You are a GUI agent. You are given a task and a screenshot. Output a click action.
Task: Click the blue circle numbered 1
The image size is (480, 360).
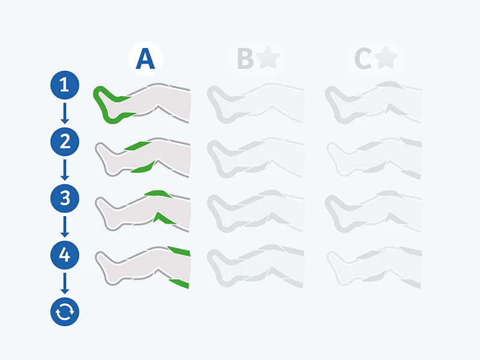click(x=65, y=85)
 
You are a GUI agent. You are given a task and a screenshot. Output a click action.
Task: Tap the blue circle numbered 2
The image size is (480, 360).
click(x=65, y=142)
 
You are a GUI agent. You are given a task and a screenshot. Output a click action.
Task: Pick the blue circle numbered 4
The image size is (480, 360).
click(x=65, y=255)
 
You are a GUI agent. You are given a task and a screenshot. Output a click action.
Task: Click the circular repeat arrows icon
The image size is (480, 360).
click(x=65, y=311)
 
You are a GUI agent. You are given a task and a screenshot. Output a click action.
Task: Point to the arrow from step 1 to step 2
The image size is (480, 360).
click(x=65, y=113)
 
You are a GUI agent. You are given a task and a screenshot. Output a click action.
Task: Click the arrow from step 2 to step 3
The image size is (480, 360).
click(x=65, y=170)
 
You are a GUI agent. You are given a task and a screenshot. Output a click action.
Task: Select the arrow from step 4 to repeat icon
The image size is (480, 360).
click(x=65, y=283)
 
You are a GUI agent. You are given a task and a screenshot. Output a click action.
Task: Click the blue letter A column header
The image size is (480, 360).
click(x=145, y=59)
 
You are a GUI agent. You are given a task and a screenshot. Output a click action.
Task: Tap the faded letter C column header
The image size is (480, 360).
click(x=362, y=59)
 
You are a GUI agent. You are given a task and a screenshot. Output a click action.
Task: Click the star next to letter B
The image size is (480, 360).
click(x=266, y=59)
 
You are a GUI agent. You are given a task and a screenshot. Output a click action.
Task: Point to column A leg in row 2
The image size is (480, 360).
click(x=144, y=157)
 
